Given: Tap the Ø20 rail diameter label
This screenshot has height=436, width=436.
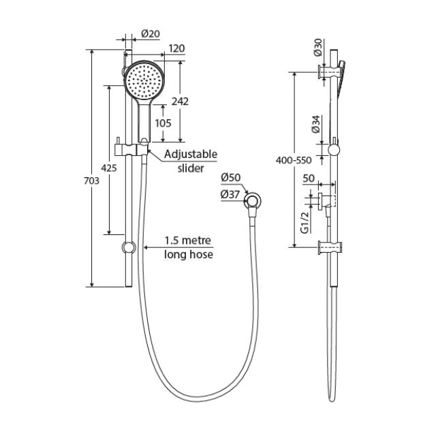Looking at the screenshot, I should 150,34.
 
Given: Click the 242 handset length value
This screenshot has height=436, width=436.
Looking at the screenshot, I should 180,100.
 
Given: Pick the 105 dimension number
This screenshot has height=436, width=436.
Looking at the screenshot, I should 163,123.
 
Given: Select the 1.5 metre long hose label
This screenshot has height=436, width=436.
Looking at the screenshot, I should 189,248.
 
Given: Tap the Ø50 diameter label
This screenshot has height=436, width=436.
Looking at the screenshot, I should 232,178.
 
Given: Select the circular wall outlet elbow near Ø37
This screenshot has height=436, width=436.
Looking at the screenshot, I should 253,200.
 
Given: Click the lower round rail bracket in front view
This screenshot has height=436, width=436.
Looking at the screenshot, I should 127,248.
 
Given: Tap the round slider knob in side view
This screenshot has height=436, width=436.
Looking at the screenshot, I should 333,151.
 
